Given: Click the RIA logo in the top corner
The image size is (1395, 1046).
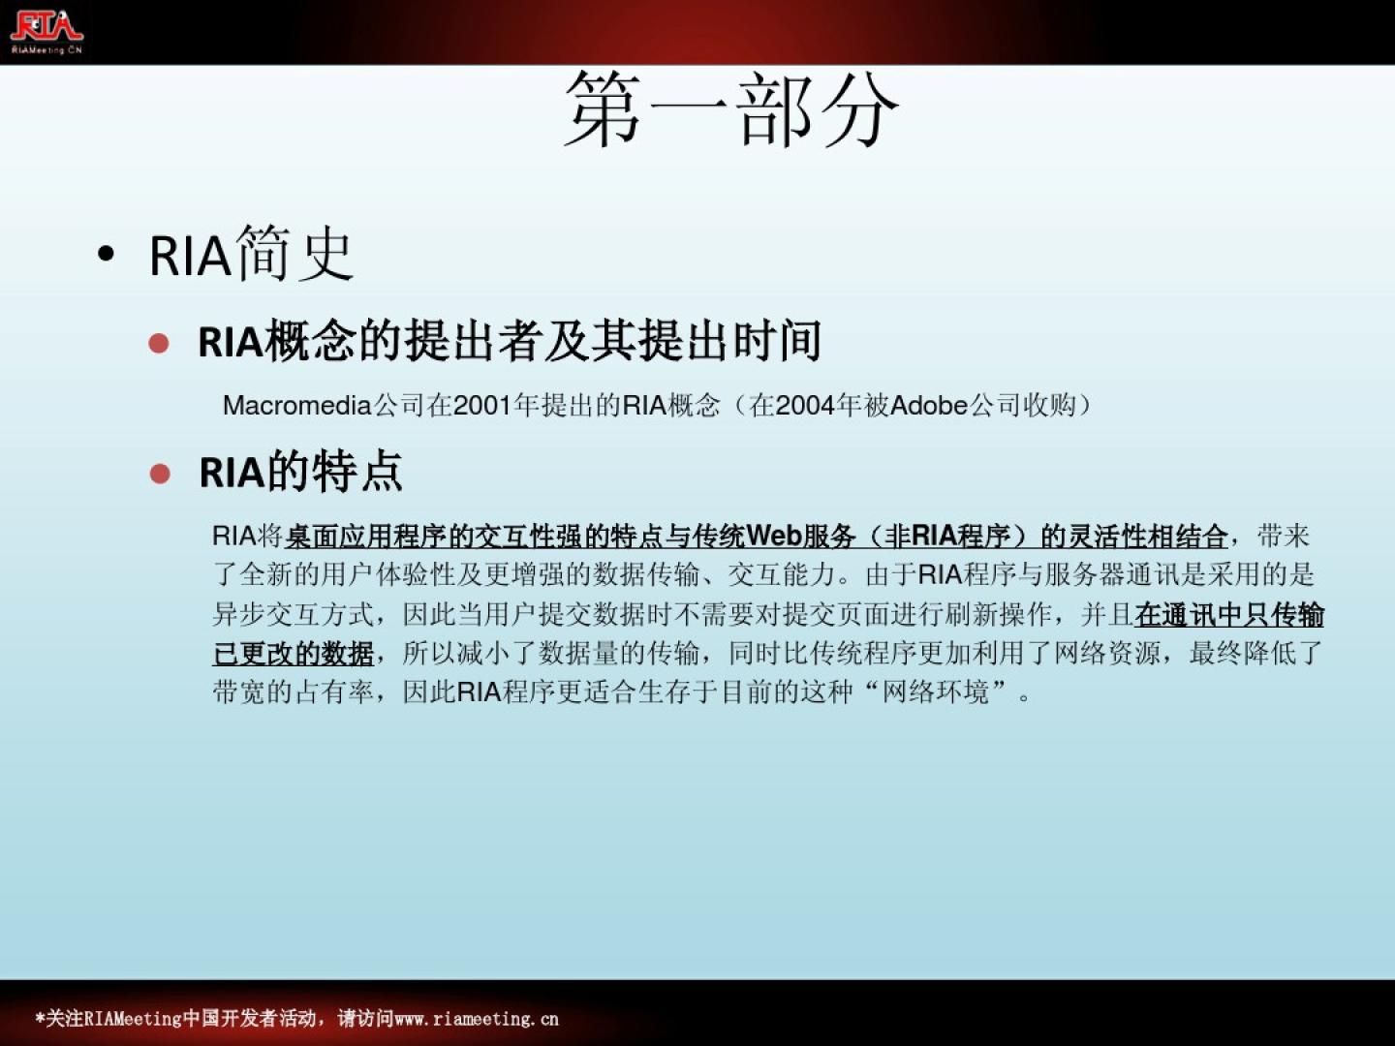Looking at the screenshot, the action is click(47, 30).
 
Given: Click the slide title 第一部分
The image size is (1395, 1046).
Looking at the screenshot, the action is click(731, 108).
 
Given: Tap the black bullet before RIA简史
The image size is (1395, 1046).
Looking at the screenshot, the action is click(107, 254).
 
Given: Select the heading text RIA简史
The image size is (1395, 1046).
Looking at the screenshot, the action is click(251, 254).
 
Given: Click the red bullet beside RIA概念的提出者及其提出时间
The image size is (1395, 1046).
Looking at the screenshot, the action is click(158, 344).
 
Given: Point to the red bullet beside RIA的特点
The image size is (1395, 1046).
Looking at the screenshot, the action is click(160, 474).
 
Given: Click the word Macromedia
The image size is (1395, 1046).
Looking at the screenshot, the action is click(296, 405).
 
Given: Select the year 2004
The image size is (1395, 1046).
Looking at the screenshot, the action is click(805, 405).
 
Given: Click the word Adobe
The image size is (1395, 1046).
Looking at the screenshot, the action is click(929, 405).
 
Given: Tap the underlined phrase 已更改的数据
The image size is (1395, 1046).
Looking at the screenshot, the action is click(293, 653).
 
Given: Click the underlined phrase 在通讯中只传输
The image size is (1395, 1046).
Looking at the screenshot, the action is click(1229, 615).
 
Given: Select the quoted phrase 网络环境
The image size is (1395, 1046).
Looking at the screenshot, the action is click(936, 692).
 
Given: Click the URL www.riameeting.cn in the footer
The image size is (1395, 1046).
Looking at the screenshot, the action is click(477, 1019).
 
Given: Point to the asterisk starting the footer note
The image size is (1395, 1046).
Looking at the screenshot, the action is click(40, 1017).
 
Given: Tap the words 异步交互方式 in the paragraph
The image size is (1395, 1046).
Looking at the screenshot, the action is click(293, 615).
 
